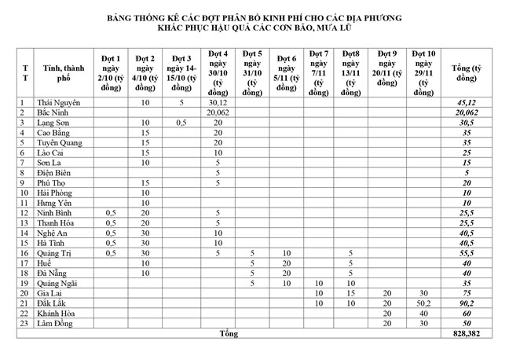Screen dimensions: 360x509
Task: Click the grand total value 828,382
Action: click(467, 333)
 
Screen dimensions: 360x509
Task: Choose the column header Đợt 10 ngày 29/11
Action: click(423, 69)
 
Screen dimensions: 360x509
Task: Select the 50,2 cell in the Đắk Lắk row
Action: click(423, 303)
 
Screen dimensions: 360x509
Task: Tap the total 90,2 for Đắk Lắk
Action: click(467, 303)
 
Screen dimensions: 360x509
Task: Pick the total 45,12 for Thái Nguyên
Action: click(467, 102)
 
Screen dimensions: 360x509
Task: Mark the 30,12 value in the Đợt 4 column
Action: click(218, 102)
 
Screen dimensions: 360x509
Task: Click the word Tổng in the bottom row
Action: click(229, 333)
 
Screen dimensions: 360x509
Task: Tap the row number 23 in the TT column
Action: click(24, 322)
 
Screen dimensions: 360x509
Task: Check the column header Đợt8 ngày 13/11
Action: click(351, 69)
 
